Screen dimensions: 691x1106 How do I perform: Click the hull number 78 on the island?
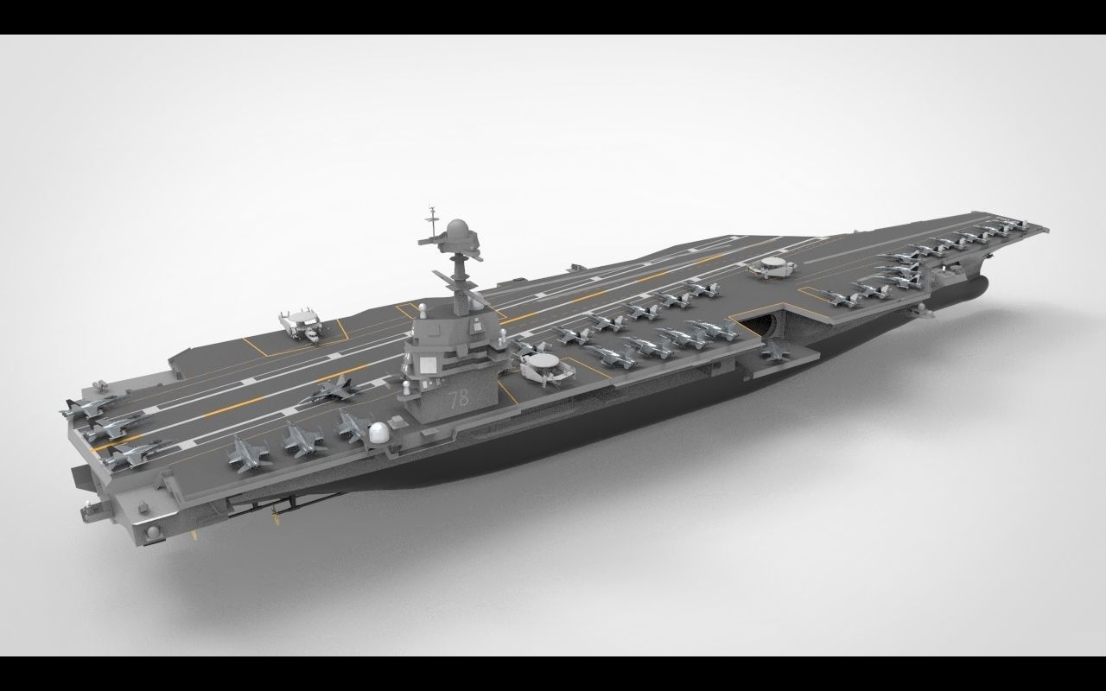[x=459, y=400]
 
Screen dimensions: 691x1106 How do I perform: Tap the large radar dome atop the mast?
[x=457, y=231]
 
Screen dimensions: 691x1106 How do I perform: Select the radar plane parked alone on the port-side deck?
[x=301, y=326]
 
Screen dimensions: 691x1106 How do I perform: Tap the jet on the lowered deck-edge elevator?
[x=775, y=350]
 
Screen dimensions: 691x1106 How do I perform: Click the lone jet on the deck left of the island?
[x=333, y=390]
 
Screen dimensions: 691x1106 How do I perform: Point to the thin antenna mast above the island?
[x=430, y=221]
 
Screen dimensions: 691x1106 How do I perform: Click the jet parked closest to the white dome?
[x=353, y=426]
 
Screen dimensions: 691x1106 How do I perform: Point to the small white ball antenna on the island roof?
[x=421, y=307]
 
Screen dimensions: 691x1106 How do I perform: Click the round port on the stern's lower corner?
[x=153, y=532]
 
